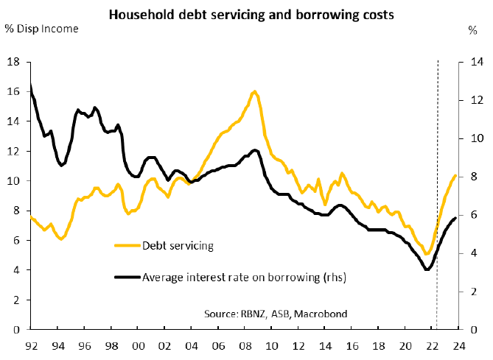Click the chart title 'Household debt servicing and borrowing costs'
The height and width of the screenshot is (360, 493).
click(245, 13)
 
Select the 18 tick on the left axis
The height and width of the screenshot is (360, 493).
click(14, 62)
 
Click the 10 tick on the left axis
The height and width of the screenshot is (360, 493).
click(14, 181)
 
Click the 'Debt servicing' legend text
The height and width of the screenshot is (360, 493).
click(178, 245)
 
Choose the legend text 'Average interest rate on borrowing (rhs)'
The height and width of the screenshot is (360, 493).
click(244, 278)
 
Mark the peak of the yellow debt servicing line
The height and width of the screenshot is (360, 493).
click(254, 91)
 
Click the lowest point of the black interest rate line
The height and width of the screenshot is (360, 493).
click(427, 269)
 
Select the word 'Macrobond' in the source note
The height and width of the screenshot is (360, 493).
click(321, 314)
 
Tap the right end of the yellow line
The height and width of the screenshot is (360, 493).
click(455, 176)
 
